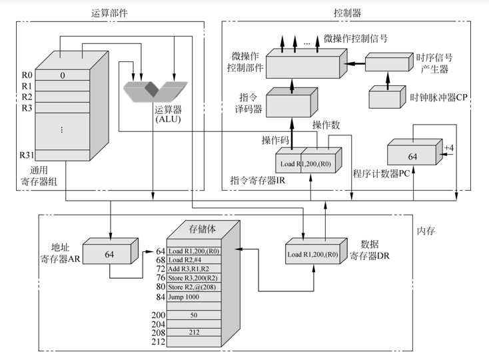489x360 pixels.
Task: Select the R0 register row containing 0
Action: (x=63, y=75)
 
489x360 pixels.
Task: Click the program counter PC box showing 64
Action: (x=411, y=155)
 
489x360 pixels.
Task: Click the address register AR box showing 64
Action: (x=109, y=254)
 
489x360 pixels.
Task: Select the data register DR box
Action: (x=312, y=255)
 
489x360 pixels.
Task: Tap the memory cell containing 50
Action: (x=193, y=315)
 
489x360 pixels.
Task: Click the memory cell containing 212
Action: (x=193, y=331)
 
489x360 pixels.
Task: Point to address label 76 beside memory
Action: (x=160, y=278)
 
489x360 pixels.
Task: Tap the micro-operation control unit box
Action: (x=305, y=63)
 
